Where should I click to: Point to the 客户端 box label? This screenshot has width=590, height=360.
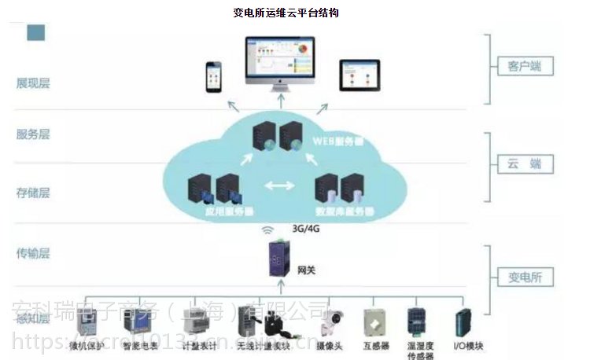[x=519, y=66]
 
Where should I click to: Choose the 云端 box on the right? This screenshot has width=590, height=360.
[x=519, y=163]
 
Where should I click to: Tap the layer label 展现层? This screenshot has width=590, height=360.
[x=33, y=83]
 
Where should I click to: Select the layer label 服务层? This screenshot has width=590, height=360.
[x=33, y=134]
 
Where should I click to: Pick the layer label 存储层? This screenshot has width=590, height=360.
[x=33, y=192]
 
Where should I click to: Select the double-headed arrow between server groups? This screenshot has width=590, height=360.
[x=275, y=187]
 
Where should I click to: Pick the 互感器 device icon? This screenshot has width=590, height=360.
[x=374, y=321]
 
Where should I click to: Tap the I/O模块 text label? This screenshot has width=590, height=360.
[x=468, y=347]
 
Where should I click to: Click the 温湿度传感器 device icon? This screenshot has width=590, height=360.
[x=416, y=321]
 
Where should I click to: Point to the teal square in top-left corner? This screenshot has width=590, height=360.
[x=36, y=32]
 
